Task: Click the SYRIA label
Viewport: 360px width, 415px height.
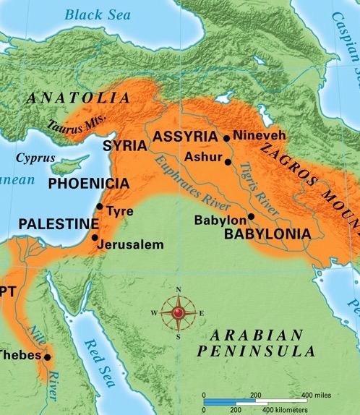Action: (125, 146)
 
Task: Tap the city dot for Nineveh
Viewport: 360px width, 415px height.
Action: (227, 137)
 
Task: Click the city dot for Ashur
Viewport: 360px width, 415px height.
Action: (228, 163)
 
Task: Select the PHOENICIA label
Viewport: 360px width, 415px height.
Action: (88, 184)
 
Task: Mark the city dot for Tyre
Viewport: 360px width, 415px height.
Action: (99, 207)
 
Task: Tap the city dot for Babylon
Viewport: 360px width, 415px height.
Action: (251, 216)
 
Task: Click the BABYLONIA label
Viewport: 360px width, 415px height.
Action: (267, 234)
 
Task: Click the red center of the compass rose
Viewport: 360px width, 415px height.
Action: (178, 312)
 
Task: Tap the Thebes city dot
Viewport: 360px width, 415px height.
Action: (47, 357)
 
